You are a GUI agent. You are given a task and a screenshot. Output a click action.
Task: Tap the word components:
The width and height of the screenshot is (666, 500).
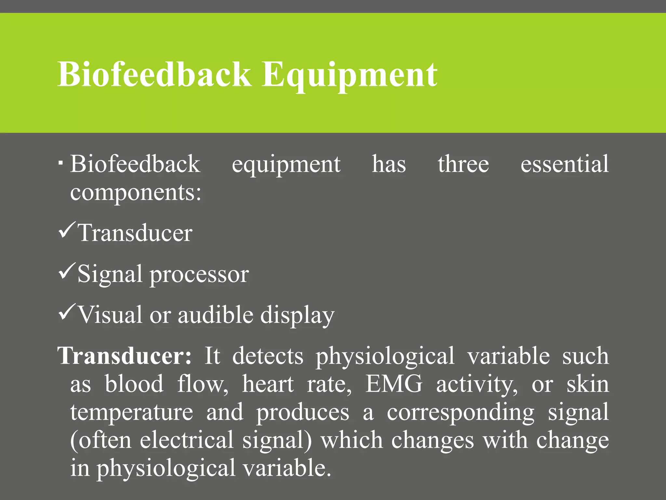pyautogui.click(x=136, y=193)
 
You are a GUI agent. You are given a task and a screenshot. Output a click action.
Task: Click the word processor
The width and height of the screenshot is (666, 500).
pyautogui.click(x=199, y=274)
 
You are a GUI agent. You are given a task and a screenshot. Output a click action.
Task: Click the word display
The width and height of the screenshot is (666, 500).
pyautogui.click(x=297, y=315)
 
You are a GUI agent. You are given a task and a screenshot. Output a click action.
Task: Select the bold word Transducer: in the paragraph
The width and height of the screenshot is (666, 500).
pyautogui.click(x=125, y=356)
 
